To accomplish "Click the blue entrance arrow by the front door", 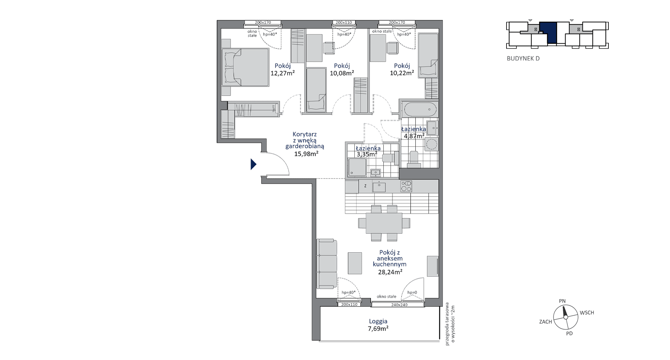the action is [x=253, y=164].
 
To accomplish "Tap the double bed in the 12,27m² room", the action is [x=245, y=67].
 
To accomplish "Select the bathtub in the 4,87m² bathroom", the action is [x=419, y=109].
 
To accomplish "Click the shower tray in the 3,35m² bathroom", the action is [x=357, y=168].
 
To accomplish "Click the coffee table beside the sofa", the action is [x=355, y=263].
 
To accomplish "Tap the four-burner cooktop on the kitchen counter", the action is [x=406, y=186].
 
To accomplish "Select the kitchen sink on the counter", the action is [x=379, y=187].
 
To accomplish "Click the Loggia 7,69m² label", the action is [x=378, y=325].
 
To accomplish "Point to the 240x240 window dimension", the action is [x=399, y=305].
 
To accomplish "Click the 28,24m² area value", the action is [x=390, y=272].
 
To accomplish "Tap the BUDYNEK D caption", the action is [x=523, y=58].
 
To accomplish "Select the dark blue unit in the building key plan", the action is [x=548, y=33].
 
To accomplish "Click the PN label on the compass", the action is [x=562, y=301].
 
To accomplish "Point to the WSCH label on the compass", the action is [x=587, y=313].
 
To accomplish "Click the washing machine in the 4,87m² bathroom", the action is [x=431, y=144].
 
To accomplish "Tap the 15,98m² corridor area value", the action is [x=306, y=154].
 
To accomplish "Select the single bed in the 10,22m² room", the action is [x=428, y=55].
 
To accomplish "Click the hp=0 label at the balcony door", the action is [x=412, y=293].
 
